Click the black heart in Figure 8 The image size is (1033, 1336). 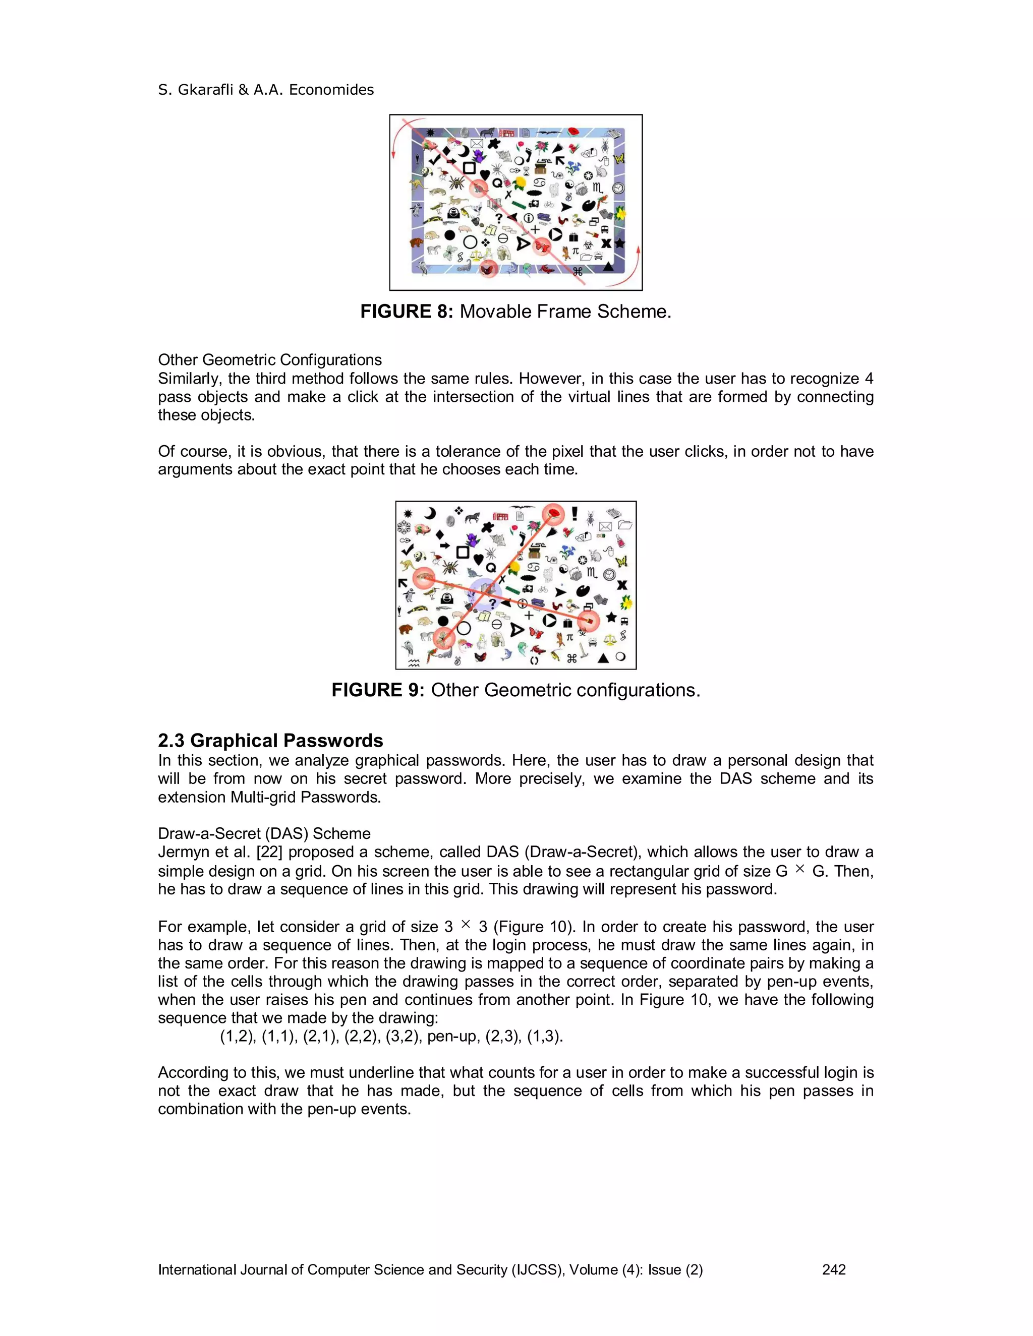point(485,175)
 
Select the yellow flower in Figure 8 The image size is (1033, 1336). point(521,183)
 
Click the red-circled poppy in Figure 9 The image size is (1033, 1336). point(554,514)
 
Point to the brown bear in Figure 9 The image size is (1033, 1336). point(406,630)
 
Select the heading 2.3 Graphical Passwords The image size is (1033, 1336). point(270,741)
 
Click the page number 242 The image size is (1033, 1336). point(833,1270)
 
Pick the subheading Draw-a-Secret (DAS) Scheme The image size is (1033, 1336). point(264,834)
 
